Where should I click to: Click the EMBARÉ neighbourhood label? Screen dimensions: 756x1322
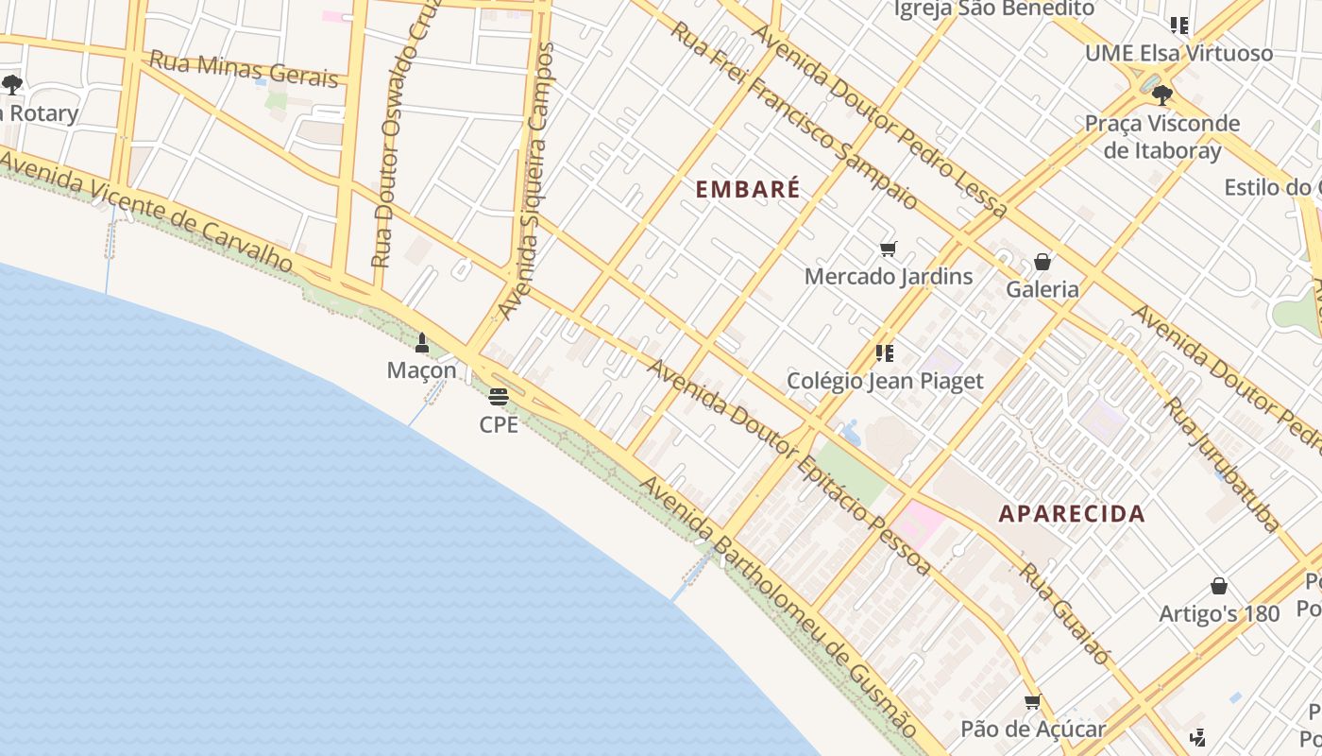pyautogui.click(x=748, y=189)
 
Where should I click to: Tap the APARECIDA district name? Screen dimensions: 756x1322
pyautogui.click(x=1072, y=514)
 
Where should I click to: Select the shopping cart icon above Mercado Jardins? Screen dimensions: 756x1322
pyautogui.click(x=888, y=249)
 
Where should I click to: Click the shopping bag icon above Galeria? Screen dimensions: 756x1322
pyautogui.click(x=1042, y=262)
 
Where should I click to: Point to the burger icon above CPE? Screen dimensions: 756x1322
pyautogui.click(x=499, y=397)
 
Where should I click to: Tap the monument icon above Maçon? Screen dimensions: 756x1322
pyautogui.click(x=422, y=343)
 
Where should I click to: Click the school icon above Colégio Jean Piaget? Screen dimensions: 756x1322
pyautogui.click(x=885, y=353)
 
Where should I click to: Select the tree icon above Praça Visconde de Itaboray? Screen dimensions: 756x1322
pyautogui.click(x=1161, y=94)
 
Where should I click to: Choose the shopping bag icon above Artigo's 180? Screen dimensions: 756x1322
pyautogui.click(x=1219, y=586)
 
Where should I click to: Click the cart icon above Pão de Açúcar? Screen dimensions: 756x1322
pyautogui.click(x=1032, y=702)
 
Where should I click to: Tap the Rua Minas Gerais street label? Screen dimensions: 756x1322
pyautogui.click(x=244, y=69)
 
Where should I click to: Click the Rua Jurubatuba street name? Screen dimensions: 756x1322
pyautogui.click(x=1224, y=463)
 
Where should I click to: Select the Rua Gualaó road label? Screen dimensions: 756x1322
pyautogui.click(x=1064, y=614)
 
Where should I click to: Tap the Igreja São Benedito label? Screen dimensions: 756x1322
pyautogui.click(x=994, y=9)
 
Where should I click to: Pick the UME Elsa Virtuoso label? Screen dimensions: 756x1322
pyautogui.click(x=1178, y=53)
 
